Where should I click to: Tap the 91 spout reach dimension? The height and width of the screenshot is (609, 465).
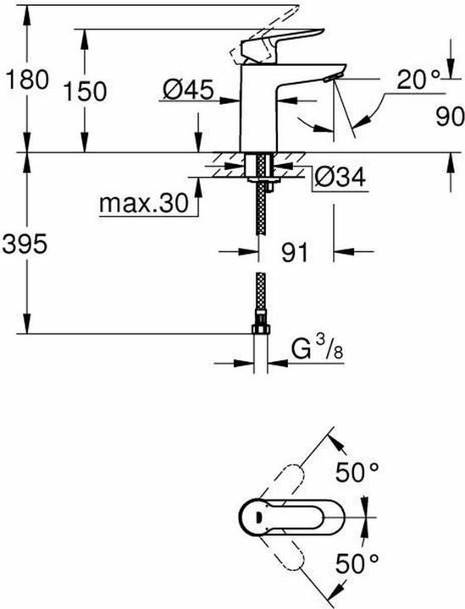point(294,250)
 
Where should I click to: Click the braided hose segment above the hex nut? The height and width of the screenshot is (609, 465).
point(262,296)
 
